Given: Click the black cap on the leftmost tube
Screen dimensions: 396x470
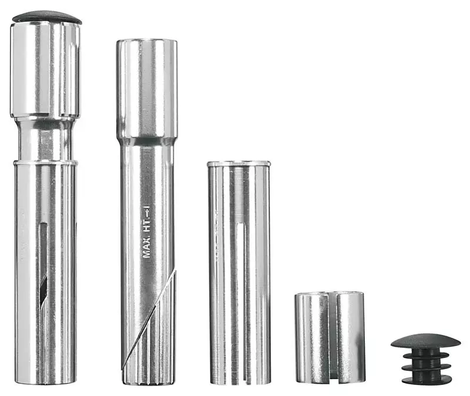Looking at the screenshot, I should click(x=46, y=16).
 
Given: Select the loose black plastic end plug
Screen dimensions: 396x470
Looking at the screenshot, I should click(x=426, y=359).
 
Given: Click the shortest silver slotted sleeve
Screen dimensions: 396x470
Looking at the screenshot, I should click(x=330, y=337).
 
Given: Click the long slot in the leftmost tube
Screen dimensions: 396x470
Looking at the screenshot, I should click(x=43, y=264).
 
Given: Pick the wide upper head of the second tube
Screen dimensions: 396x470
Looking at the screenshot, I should click(x=146, y=88).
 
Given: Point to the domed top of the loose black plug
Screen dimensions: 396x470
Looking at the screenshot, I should click(x=426, y=341).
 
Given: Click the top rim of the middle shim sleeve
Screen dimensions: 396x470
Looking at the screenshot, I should click(x=239, y=163).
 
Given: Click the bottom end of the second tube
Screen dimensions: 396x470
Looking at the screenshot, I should click(x=147, y=381).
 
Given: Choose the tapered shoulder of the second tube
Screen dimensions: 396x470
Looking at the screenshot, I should click(x=146, y=141).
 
